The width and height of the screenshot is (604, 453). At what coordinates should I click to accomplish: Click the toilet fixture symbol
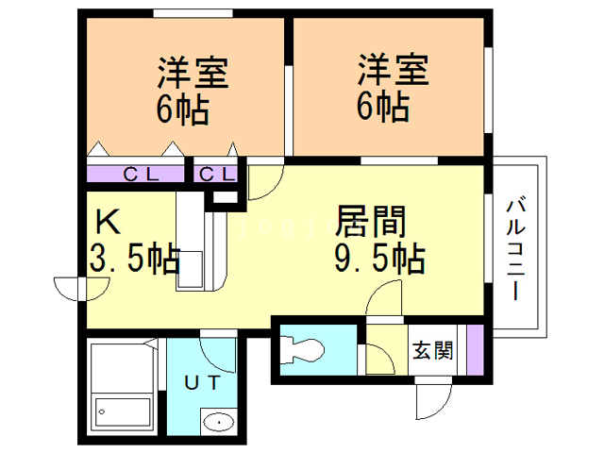tap(303, 350)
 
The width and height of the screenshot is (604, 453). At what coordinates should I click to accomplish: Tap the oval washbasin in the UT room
tap(218, 423)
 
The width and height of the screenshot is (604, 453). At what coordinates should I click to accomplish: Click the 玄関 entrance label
tap(432, 350)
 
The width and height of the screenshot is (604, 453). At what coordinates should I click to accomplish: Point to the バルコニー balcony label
tap(516, 249)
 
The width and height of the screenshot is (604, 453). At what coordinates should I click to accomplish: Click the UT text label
tap(202, 383)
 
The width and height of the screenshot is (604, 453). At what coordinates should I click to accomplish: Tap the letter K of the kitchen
tap(108, 222)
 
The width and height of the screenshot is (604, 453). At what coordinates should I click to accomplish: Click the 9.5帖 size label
tap(379, 258)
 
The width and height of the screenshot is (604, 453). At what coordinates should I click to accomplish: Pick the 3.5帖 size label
tap(135, 258)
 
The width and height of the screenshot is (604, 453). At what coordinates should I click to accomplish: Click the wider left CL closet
tap(136, 174)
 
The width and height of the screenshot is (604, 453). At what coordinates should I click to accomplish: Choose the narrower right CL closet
tap(216, 174)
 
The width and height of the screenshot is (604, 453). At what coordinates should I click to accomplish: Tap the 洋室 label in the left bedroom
tap(193, 73)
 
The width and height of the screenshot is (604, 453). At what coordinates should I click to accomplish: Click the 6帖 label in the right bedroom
tap(383, 107)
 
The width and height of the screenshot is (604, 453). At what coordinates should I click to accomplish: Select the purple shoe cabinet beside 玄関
tap(476, 350)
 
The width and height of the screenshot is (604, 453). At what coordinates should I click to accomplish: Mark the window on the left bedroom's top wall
tap(193, 13)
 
